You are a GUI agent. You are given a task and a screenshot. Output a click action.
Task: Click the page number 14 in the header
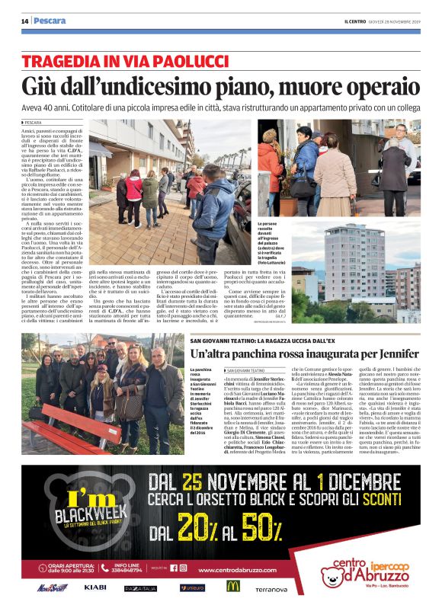click(24, 21)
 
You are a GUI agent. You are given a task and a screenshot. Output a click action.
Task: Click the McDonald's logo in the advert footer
click(232, 587)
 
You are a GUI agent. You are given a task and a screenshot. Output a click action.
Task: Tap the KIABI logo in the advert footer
click(95, 587)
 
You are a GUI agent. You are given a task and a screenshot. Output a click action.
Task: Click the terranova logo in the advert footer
click(271, 589)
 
